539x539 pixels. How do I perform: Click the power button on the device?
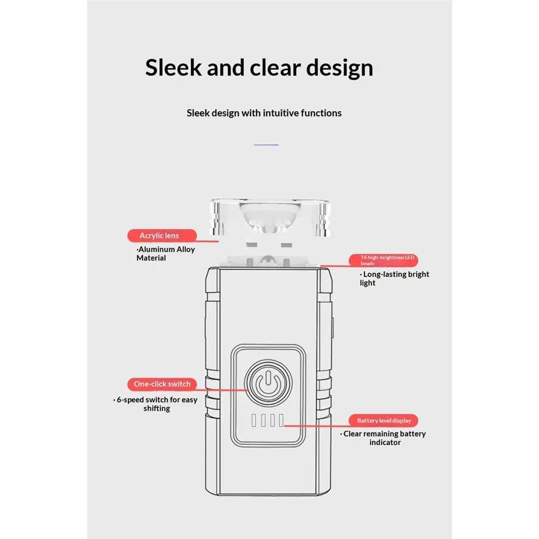[x=268, y=382]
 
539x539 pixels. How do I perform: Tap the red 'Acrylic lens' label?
[x=162, y=236]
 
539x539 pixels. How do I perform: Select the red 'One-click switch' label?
[x=162, y=384]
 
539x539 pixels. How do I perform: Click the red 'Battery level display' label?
[x=383, y=420]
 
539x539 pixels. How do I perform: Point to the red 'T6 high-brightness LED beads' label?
[x=383, y=260]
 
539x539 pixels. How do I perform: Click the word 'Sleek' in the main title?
[x=173, y=67]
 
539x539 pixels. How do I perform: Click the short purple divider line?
[x=266, y=144]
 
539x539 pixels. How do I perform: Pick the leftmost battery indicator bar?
[x=254, y=420]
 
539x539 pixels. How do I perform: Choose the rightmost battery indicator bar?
[x=281, y=420]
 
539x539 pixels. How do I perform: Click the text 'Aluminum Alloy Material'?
[x=165, y=254]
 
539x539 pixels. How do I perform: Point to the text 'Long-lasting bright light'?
[x=395, y=279]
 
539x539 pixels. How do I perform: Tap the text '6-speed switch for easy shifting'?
[x=155, y=404]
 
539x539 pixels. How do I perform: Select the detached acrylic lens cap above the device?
[x=270, y=217]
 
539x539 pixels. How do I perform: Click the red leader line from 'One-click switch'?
[x=222, y=390]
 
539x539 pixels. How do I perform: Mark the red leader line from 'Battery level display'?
[x=317, y=426]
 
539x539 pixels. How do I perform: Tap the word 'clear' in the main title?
[x=275, y=67]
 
